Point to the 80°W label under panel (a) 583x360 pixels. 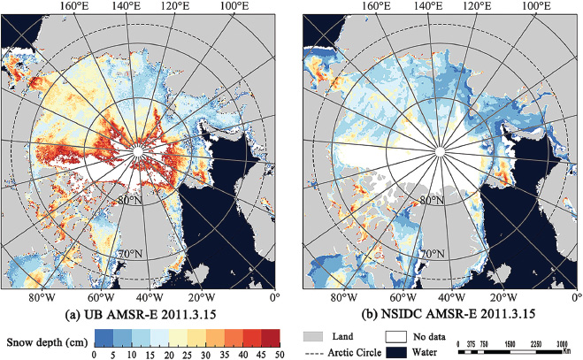point(38,296)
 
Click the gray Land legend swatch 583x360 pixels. point(318,337)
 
